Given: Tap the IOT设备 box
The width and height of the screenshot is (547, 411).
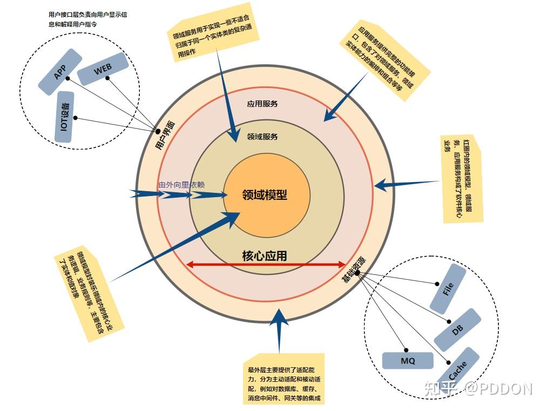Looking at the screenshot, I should point(65,117).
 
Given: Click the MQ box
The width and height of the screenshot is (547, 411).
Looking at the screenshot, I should point(408,361).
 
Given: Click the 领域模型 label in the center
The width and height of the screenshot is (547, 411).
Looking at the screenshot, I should point(265,195).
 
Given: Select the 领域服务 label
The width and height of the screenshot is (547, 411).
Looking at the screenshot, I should point(262,137).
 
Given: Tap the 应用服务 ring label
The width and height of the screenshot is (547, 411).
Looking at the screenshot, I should point(262,103).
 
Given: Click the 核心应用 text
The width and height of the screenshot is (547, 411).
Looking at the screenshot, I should point(265,255).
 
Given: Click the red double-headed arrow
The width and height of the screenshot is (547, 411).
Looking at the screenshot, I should point(266,265).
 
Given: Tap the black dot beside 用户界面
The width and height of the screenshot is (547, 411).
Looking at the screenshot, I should point(158,131).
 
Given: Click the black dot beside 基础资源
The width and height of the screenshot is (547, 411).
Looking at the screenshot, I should point(357,273).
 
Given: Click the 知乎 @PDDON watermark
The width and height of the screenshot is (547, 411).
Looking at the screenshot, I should point(478,388).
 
